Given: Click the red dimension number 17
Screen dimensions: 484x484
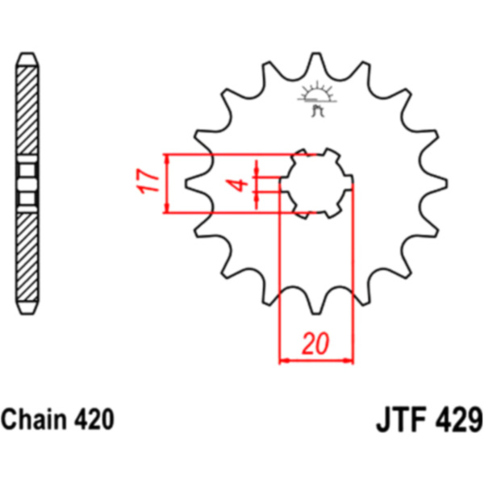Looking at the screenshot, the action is pyautogui.click(x=147, y=181).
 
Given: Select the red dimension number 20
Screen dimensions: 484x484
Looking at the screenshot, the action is pyautogui.click(x=315, y=343).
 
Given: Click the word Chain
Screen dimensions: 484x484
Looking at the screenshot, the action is pyautogui.click(x=34, y=419).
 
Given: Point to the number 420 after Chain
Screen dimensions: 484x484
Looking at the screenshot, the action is pyautogui.click(x=94, y=419).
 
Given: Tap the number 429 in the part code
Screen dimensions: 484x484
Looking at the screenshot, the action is pyautogui.click(x=459, y=419).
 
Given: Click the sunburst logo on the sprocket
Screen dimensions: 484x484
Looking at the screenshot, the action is pyautogui.click(x=317, y=98).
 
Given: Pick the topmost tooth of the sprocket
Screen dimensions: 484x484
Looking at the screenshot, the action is pyautogui.click(x=316, y=63).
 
